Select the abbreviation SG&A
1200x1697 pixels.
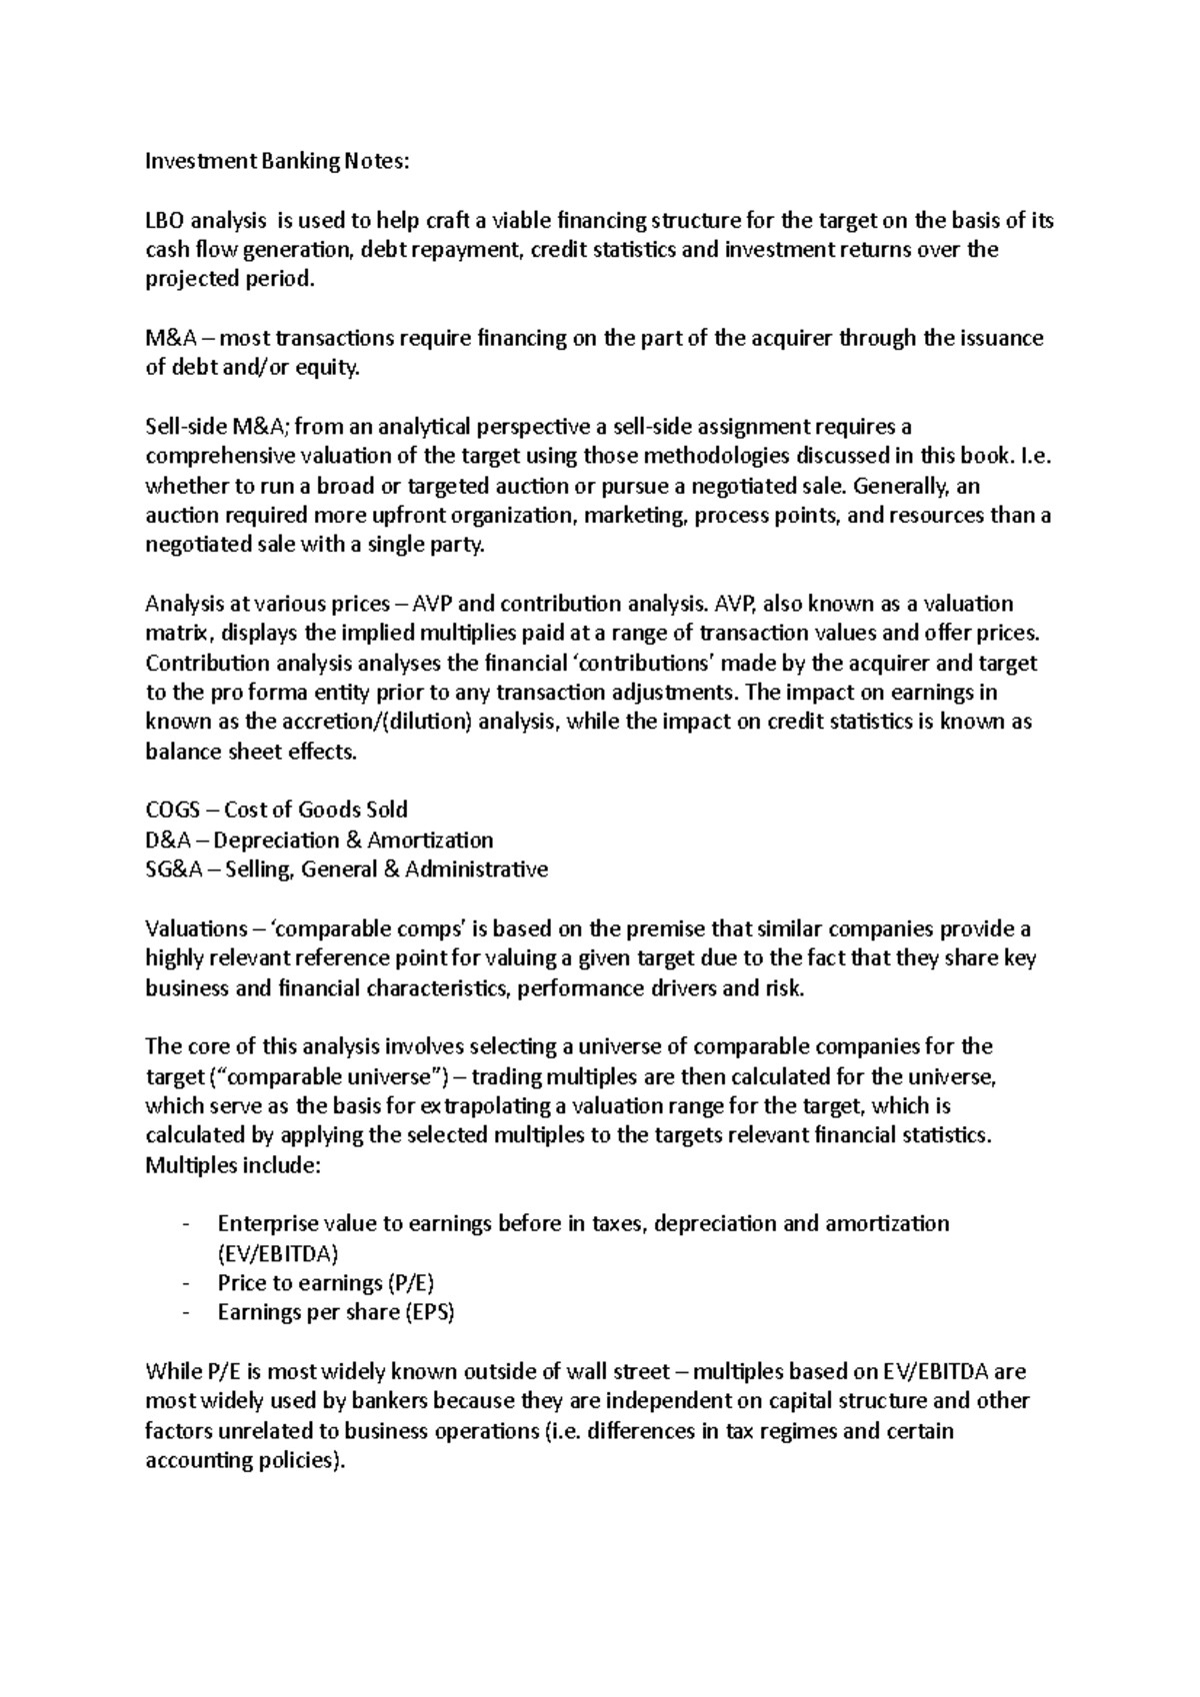pos(173,869)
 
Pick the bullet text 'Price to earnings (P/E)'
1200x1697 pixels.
pos(326,1283)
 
